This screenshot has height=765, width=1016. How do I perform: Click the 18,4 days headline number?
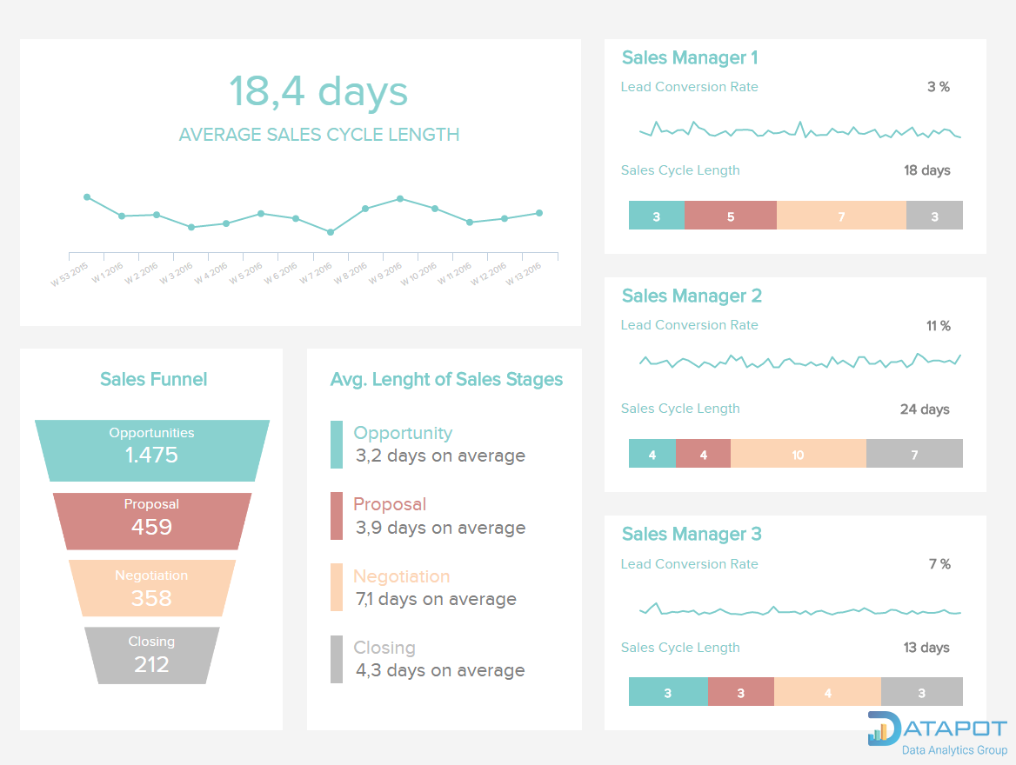coord(318,91)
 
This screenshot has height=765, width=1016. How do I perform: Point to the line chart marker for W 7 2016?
coord(331,232)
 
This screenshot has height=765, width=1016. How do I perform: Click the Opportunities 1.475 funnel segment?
coord(152,450)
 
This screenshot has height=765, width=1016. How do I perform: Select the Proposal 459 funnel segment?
coord(152,521)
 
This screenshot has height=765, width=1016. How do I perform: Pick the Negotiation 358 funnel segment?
coord(152,588)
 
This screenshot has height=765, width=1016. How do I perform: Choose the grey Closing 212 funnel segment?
coord(152,655)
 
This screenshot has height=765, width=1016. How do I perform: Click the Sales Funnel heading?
coord(153,379)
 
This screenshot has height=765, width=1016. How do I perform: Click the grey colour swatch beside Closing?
coord(337,659)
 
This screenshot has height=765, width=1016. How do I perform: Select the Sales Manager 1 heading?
coord(690,58)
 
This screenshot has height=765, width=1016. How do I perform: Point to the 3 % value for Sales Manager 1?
coord(938,87)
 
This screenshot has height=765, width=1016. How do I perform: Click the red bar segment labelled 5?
coord(731,216)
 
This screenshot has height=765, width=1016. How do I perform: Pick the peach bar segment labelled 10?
coord(798,454)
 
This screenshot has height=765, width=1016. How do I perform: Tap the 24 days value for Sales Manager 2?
coord(925,409)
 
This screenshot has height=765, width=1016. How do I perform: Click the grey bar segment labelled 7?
coord(914,454)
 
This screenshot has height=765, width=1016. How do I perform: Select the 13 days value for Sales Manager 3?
coord(926,648)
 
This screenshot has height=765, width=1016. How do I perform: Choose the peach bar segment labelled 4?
coord(827,692)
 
